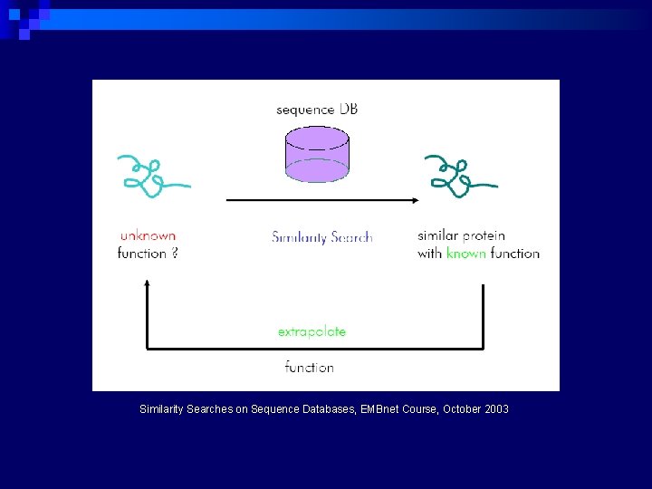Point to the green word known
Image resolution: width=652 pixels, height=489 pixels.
(466, 254)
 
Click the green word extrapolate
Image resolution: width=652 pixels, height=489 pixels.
(312, 331)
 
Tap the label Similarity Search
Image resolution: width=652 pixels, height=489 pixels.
(321, 237)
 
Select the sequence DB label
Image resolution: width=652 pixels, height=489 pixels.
(317, 110)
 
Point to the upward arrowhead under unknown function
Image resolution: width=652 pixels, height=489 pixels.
(147, 284)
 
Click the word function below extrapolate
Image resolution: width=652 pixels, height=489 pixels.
(309, 367)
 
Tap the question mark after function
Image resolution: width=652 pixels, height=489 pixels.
(174, 254)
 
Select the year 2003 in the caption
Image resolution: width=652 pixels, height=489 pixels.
(496, 409)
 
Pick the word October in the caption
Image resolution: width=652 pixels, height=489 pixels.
(461, 409)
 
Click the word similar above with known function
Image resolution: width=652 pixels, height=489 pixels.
(438, 236)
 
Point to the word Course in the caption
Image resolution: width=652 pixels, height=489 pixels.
(424, 409)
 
